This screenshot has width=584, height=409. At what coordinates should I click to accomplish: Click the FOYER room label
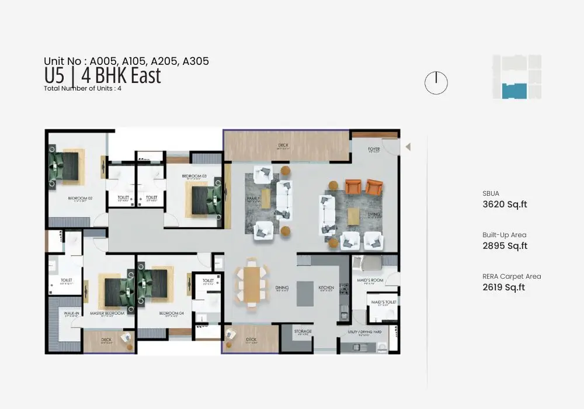click(x=374, y=149)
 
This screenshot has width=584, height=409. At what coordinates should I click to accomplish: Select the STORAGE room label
click(x=303, y=331)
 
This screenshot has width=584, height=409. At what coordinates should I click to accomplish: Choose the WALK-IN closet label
click(x=71, y=313)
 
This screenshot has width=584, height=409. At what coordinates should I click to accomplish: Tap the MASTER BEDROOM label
click(x=107, y=313)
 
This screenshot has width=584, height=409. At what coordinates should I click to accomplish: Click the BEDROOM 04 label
click(x=172, y=313)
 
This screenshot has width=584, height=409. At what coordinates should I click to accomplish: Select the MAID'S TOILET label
click(x=384, y=302)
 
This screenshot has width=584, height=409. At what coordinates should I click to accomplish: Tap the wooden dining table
click(x=251, y=284)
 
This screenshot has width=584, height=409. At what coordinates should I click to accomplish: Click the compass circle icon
click(x=436, y=83)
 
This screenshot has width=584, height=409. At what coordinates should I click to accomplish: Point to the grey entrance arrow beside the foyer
click(x=408, y=147)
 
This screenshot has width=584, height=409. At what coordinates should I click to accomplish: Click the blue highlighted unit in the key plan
click(x=515, y=91)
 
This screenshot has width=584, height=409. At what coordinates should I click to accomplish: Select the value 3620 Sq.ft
click(x=505, y=204)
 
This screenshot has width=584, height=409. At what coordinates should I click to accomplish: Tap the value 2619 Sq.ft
click(x=503, y=287)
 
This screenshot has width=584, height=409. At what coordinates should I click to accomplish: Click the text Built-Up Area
click(x=504, y=235)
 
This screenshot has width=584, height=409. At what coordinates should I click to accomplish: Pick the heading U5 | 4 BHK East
click(x=102, y=76)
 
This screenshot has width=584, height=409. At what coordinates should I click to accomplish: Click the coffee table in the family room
click(x=266, y=198)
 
